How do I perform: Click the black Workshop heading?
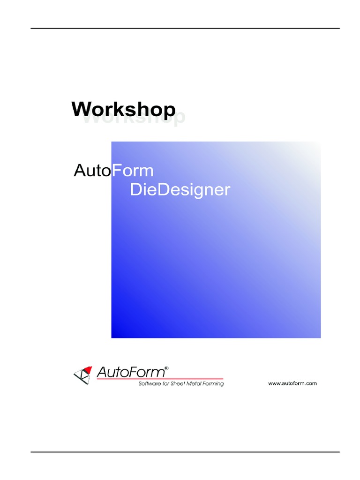[123, 109]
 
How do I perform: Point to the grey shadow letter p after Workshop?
[180, 119]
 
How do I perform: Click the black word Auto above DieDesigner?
[93, 171]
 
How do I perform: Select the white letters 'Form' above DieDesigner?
[133, 171]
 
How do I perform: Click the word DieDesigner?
[180, 190]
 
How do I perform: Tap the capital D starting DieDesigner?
[135, 190]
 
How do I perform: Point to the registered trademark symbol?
[166, 368]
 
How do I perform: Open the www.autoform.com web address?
[292, 383]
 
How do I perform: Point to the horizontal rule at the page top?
[185, 29]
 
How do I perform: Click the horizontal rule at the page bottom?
[185, 452]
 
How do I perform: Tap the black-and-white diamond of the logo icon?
[81, 375]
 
